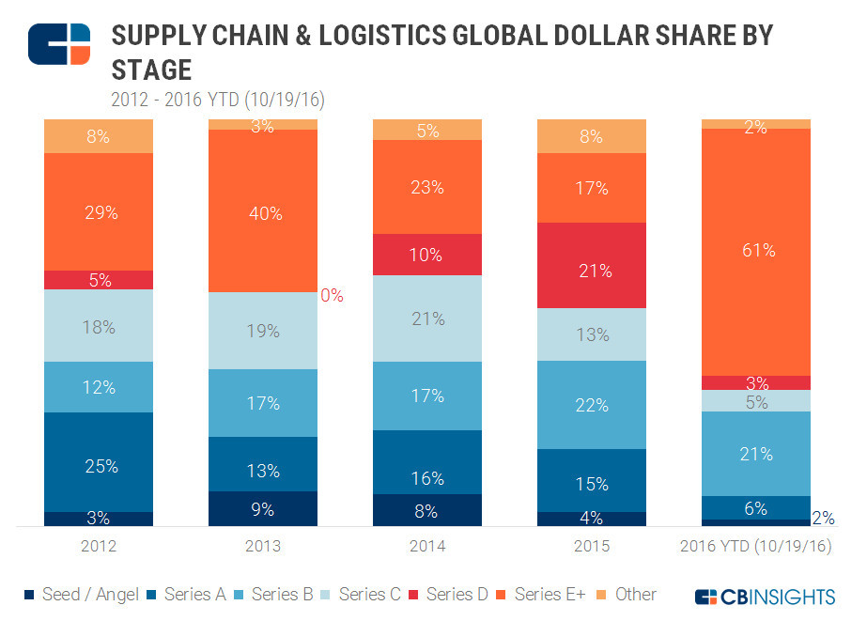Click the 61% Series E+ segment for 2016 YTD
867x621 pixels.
(756, 251)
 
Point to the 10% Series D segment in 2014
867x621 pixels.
(427, 255)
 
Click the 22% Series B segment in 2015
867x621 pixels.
(592, 404)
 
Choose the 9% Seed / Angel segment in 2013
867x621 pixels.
(263, 509)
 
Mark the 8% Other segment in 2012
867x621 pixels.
(99, 136)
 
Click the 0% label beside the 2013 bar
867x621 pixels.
(333, 295)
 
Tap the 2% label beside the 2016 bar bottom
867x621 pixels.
(824, 518)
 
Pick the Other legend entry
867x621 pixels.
(627, 595)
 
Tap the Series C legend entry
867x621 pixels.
(362, 595)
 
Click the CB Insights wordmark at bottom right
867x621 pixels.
(766, 597)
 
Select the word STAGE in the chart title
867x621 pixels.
(151, 70)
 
